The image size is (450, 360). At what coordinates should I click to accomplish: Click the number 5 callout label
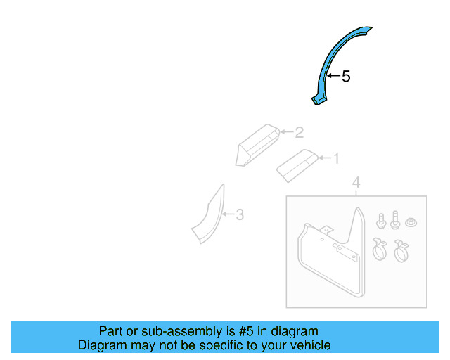click(345, 76)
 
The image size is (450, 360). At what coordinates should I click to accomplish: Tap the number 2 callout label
click(299, 132)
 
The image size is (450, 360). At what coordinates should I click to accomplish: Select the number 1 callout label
click(335, 159)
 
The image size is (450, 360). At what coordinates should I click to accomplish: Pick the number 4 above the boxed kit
click(356, 184)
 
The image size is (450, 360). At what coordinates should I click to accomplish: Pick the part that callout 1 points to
click(298, 165)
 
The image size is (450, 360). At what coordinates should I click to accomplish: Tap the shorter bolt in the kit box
click(381, 221)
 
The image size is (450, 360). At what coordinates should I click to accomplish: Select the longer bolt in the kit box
click(394, 219)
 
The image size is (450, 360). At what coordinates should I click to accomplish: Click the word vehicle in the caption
click(307, 345)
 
